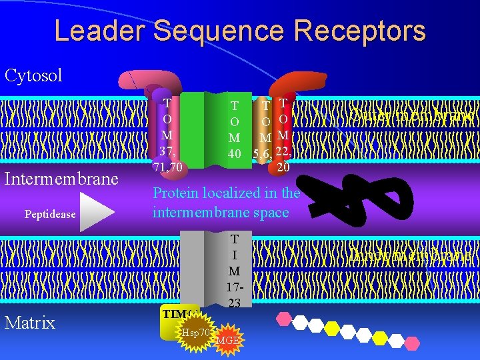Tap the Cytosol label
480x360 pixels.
pos(33,75)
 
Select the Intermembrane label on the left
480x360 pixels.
pos(61,179)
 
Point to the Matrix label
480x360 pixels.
pos(30,323)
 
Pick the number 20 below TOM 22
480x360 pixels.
pos(283,168)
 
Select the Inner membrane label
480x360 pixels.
pos(411,255)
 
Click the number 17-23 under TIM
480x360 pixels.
pos(234,293)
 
